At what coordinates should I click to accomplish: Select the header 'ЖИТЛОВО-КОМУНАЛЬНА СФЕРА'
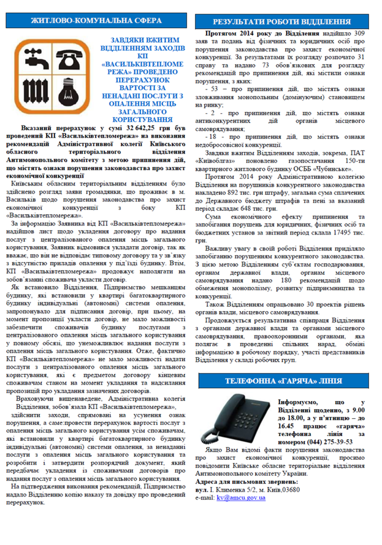94,21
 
